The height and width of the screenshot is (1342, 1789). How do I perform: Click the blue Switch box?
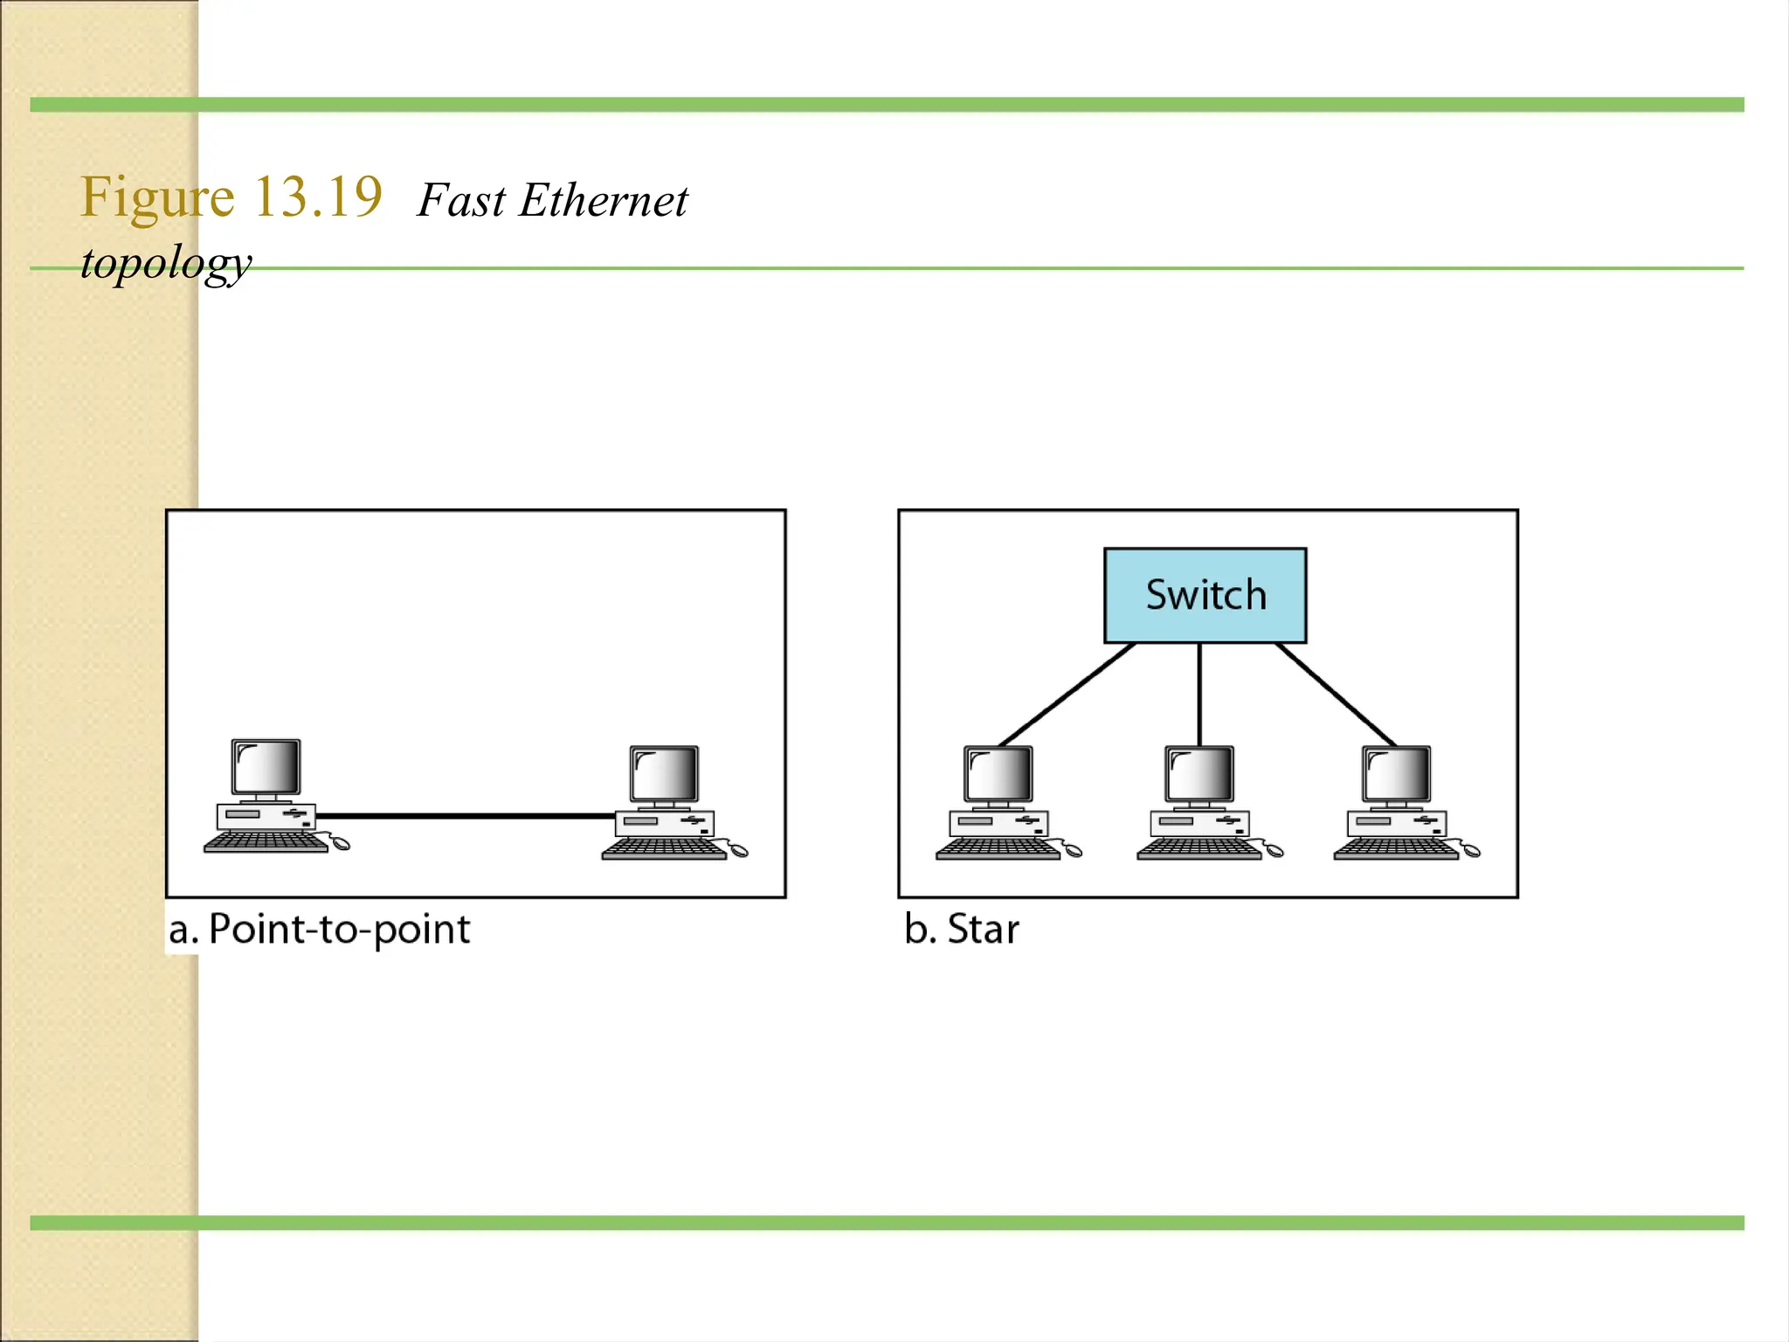tap(1205, 595)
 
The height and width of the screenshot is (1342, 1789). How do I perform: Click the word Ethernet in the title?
tap(603, 201)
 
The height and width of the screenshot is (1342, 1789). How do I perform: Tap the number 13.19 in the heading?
tap(318, 197)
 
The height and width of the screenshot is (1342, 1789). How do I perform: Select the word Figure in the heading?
tap(157, 197)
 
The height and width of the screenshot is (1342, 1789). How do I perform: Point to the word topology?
tap(166, 262)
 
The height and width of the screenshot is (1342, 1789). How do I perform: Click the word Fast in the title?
tap(461, 201)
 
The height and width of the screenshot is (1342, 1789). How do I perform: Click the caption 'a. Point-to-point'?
tap(320, 929)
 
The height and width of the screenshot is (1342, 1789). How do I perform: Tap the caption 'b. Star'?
tap(962, 929)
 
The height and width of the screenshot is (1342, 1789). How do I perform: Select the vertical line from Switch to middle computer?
tap(1199, 694)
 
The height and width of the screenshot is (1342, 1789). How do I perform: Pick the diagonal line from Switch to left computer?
tap(1067, 694)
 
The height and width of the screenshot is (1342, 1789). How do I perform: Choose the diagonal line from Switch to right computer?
tap(1336, 694)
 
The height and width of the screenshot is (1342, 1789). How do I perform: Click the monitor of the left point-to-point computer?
tap(266, 767)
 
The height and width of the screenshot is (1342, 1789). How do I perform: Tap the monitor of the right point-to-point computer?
tap(665, 774)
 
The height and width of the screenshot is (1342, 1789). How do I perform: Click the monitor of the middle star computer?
tap(1199, 774)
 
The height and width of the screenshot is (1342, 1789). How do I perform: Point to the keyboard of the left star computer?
tap(997, 848)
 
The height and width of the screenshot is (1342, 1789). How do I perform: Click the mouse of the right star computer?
tap(1471, 850)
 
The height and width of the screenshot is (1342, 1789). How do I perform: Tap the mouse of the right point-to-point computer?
tap(739, 850)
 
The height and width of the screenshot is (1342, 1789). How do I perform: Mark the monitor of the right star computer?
tap(1397, 774)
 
